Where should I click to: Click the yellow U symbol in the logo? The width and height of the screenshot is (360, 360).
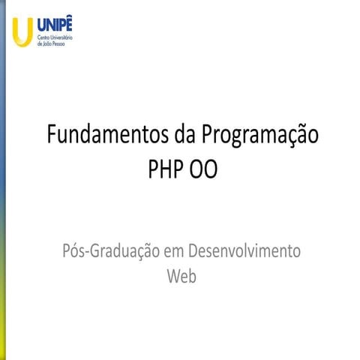(x=22, y=31)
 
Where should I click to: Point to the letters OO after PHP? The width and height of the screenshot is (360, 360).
(x=202, y=170)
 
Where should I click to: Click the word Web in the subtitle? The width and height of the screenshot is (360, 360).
(x=181, y=276)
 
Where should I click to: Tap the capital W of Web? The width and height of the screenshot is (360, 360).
(x=173, y=276)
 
